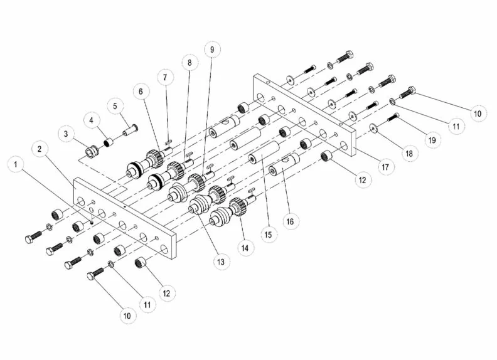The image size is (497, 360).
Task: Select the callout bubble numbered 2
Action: [40, 149]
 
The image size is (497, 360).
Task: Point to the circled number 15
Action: [268, 235]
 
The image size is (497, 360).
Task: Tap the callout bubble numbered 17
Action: [383, 167]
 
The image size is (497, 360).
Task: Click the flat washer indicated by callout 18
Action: [373, 129]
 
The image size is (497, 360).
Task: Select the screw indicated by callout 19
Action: [393, 117]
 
